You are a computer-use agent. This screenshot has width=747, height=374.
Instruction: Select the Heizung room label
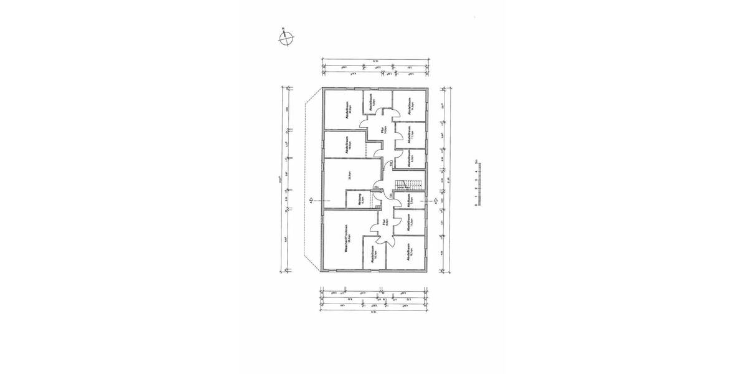[360, 199]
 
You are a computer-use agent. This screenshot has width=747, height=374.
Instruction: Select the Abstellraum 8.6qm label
[371, 103]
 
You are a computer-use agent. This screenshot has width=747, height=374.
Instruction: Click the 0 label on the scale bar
[476, 204]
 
